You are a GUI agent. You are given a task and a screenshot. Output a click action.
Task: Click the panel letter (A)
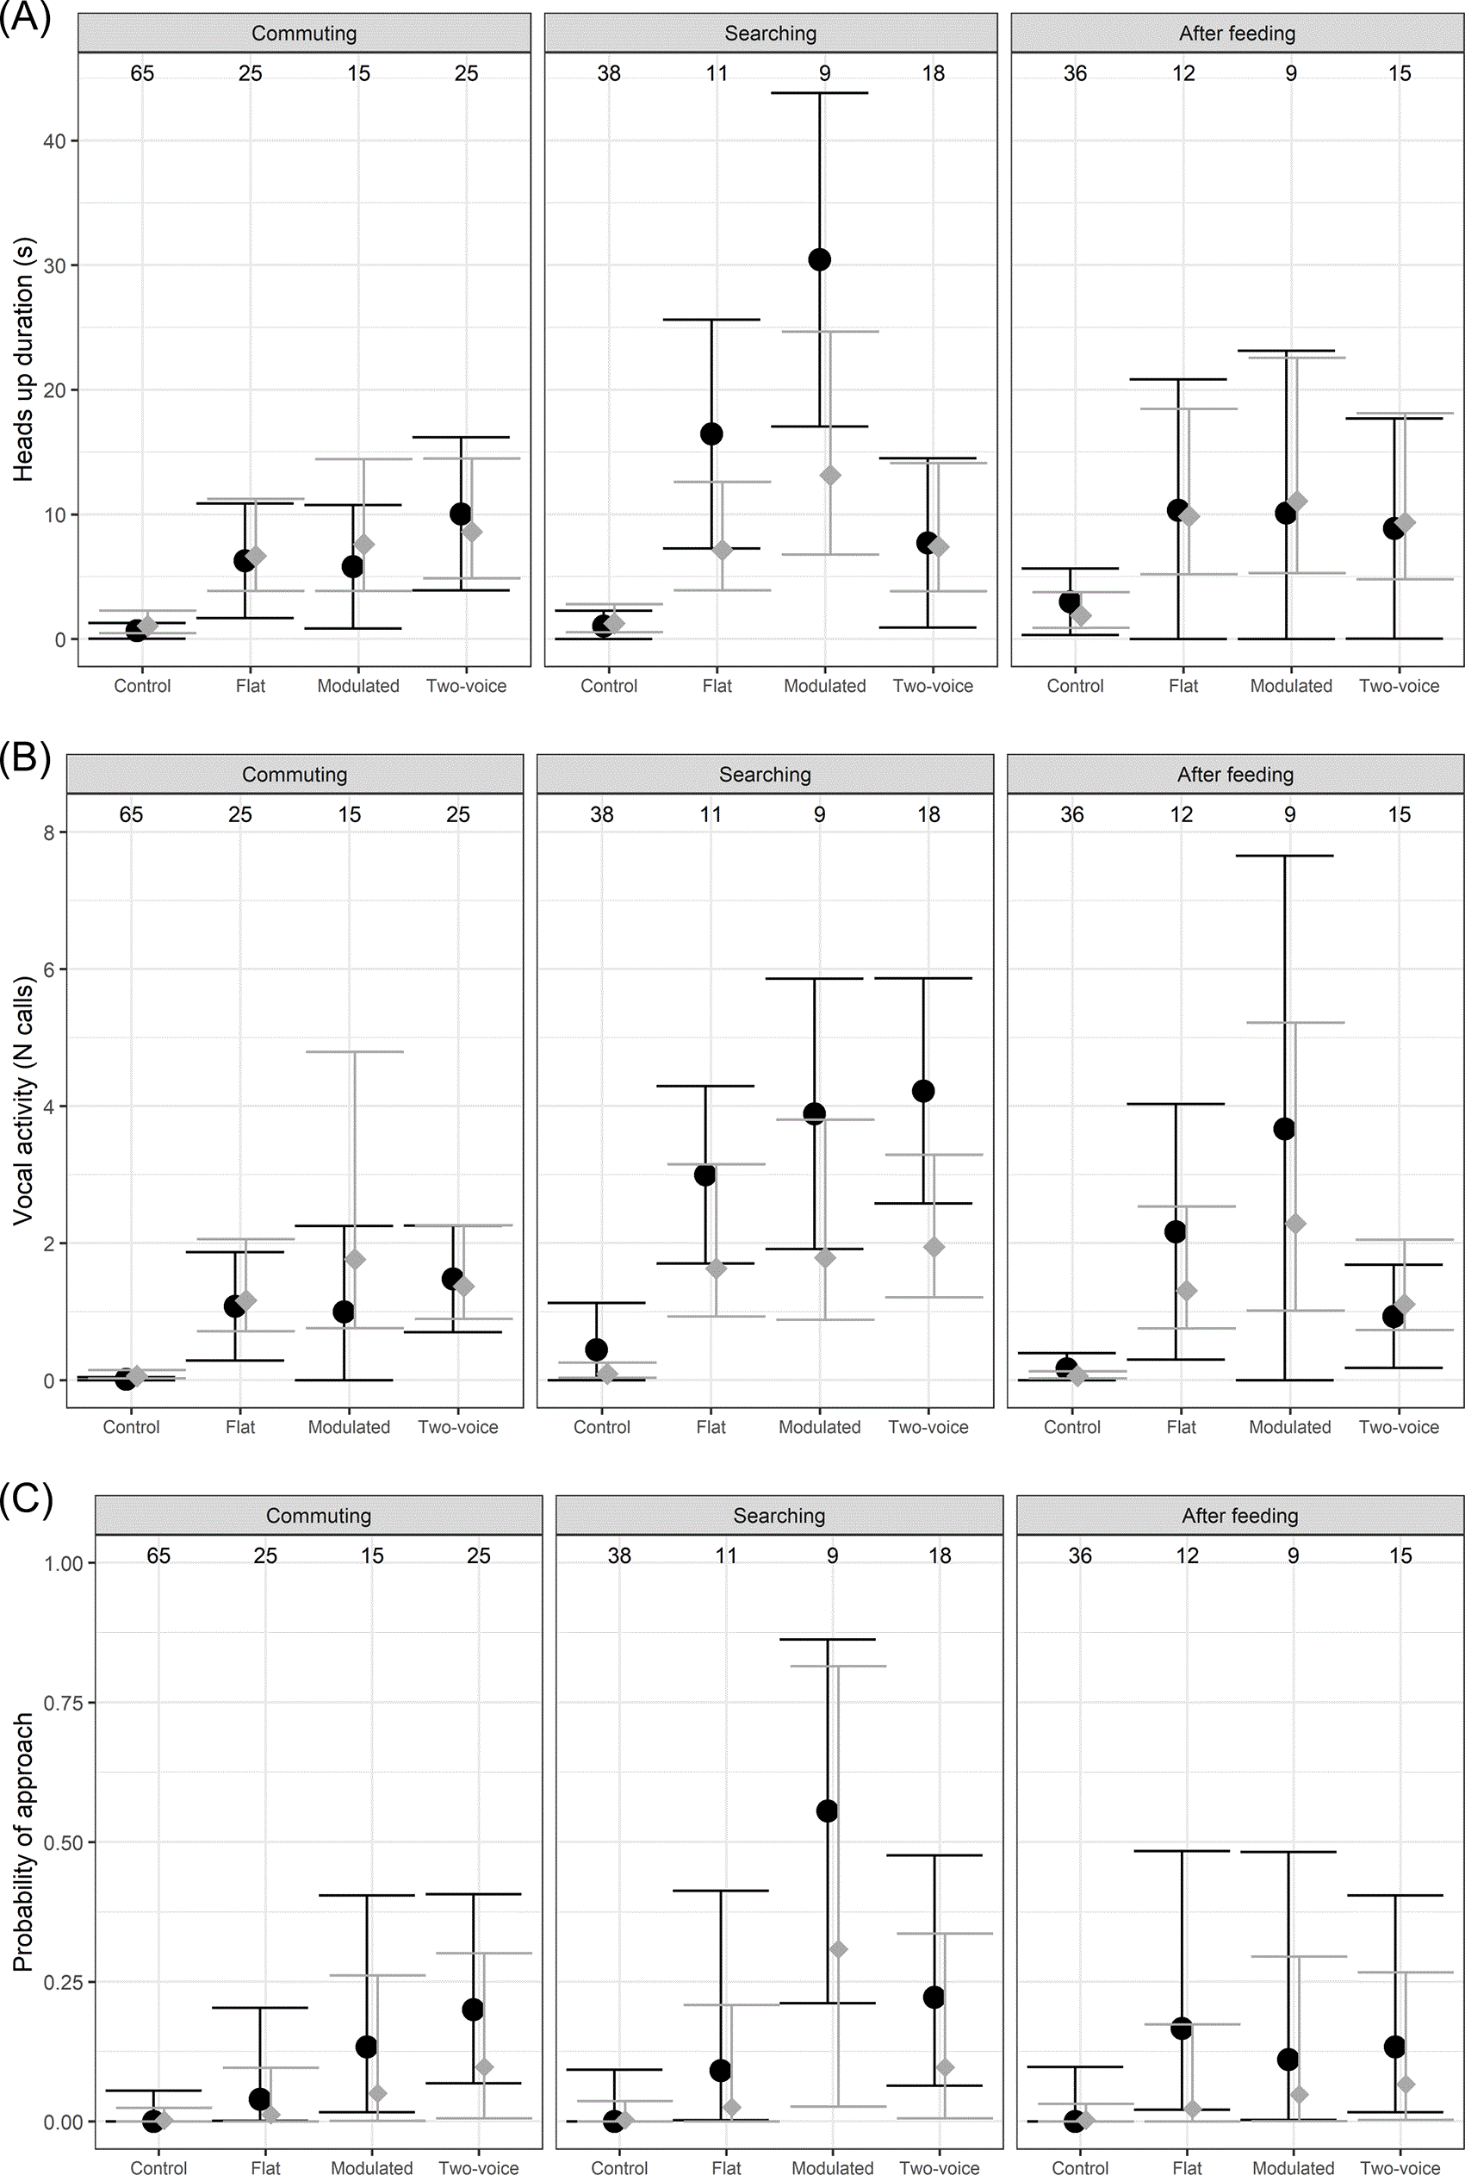point(25,17)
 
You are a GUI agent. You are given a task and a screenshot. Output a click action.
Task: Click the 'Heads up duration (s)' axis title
point(22,359)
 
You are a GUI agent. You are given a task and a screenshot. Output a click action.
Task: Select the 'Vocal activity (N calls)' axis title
point(22,1100)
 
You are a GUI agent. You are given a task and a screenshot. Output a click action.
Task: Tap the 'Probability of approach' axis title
point(22,1842)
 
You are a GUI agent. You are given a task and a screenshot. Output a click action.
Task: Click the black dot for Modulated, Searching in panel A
point(819,260)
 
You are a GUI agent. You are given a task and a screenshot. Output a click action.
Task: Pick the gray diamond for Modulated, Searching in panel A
point(829,476)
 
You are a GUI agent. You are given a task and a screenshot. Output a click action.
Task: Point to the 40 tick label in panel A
point(54,141)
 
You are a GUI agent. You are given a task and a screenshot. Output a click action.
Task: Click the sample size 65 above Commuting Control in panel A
point(142,73)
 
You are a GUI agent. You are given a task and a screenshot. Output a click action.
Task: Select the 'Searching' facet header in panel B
point(765,774)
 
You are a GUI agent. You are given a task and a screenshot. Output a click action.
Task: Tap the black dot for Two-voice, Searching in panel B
point(923,1091)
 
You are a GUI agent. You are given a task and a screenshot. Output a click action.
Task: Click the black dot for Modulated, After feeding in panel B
point(1285,1129)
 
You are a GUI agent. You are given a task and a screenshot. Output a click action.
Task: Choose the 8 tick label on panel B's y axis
point(48,832)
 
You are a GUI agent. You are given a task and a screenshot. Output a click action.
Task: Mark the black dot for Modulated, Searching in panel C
point(827,1811)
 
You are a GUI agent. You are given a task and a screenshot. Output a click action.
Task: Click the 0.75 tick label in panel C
point(64,1703)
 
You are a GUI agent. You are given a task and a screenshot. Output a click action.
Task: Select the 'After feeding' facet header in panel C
point(1240,1515)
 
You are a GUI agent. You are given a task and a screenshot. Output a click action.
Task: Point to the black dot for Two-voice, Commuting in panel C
point(473,2010)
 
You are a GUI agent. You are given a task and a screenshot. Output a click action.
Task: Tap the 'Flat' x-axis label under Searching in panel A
point(717,686)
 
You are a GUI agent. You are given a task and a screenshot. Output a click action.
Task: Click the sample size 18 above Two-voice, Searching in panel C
point(939,1555)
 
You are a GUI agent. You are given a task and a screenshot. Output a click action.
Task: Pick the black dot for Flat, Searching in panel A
point(711,433)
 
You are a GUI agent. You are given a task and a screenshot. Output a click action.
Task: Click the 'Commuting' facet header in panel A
point(304,34)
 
